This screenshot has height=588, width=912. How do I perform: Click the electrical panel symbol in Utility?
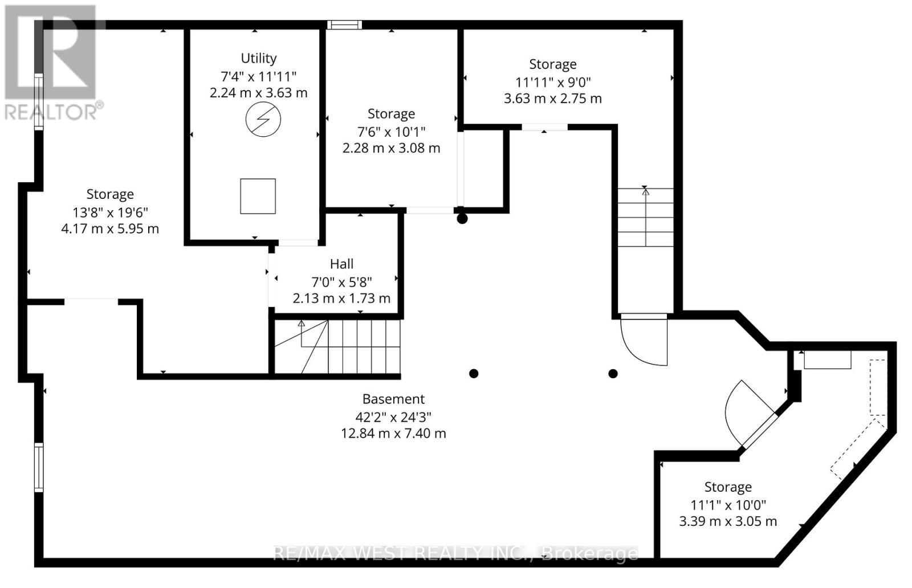(x=263, y=120)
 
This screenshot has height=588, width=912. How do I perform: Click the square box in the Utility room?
(x=258, y=196)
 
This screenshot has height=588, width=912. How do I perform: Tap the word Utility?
(x=259, y=58)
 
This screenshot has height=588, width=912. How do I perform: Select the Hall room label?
(x=341, y=264)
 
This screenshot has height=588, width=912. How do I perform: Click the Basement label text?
(x=393, y=399)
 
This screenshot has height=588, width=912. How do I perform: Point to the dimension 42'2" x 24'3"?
(x=393, y=416)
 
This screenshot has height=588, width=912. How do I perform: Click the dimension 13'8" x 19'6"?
(x=110, y=212)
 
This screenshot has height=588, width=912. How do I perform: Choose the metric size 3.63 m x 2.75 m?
(x=552, y=98)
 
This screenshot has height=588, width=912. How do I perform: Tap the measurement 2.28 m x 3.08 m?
(x=391, y=148)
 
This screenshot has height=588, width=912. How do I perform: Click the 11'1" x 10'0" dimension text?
(x=728, y=504)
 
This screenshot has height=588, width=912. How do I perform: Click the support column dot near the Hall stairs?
(x=473, y=374)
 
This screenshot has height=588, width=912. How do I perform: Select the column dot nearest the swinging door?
(x=613, y=374)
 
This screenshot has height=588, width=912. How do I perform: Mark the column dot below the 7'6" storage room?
(x=462, y=218)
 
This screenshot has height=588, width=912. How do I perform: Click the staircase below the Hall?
(x=336, y=346)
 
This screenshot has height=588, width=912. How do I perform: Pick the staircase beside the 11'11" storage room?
(x=645, y=217)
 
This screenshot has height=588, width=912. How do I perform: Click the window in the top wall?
(x=344, y=24)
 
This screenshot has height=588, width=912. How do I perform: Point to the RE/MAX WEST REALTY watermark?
(x=456, y=553)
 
